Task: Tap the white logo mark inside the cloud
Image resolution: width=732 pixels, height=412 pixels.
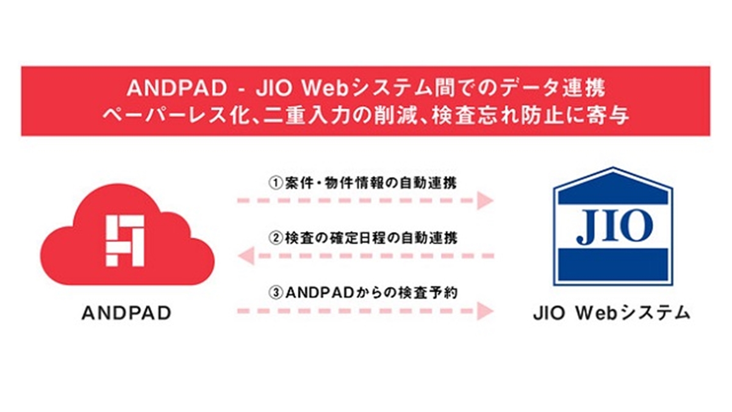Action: coord(125,240)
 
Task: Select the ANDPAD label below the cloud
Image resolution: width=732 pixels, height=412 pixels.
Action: coord(126,314)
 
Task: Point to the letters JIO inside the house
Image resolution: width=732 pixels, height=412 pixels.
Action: coord(612,227)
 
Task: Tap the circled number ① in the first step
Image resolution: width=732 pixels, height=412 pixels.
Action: coord(275,183)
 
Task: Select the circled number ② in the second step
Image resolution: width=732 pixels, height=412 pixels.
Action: coord(275,237)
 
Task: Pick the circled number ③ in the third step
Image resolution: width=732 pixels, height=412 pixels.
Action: coord(275,292)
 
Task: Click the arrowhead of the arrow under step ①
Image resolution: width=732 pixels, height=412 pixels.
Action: coord(486,200)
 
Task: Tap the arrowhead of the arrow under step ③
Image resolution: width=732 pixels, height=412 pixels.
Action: coord(486,309)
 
